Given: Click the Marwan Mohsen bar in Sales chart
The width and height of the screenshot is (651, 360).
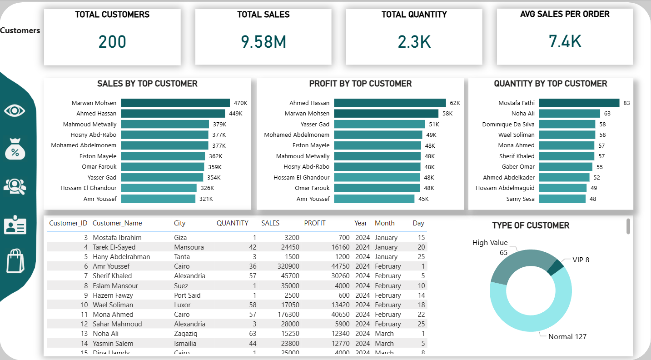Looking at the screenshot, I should tap(175, 103).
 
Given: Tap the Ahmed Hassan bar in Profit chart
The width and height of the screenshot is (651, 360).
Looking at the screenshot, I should tap(390, 103).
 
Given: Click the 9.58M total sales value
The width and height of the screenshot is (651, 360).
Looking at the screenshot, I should tap(263, 42).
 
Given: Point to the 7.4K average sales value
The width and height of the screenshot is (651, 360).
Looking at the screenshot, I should tap(565, 42).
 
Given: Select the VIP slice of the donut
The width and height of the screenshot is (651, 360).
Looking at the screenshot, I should tap(555, 267).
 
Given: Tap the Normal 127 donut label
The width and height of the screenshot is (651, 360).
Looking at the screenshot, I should tap(567, 337).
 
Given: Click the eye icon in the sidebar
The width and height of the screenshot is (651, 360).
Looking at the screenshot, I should tap(15, 110).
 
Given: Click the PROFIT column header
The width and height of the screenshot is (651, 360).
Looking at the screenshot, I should tap(315, 223).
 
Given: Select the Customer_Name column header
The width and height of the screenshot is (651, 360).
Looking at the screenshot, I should tap(117, 223).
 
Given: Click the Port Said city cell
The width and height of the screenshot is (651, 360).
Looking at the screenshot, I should tap(187, 295).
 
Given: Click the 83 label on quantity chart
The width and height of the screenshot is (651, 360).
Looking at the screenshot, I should tap(626, 103).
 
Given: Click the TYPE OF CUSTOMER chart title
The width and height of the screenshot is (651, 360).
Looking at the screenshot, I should tap(530, 225).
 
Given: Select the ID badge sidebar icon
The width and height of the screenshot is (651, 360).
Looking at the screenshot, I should tap(15, 226).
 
